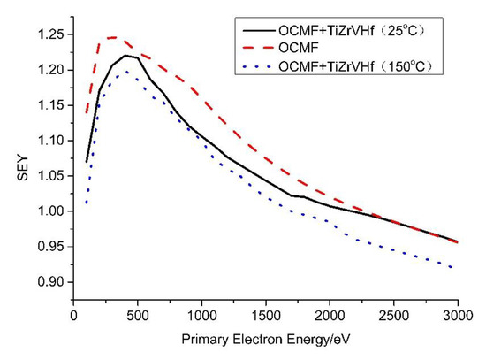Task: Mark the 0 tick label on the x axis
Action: (73, 315)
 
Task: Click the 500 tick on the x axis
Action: (137, 315)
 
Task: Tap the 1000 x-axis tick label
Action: (201, 315)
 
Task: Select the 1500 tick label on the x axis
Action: (266, 315)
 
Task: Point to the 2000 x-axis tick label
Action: (330, 315)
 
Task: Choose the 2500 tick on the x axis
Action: (394, 315)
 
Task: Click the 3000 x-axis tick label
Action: (459, 315)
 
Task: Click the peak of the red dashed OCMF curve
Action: (112, 37)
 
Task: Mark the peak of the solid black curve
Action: (125, 55)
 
